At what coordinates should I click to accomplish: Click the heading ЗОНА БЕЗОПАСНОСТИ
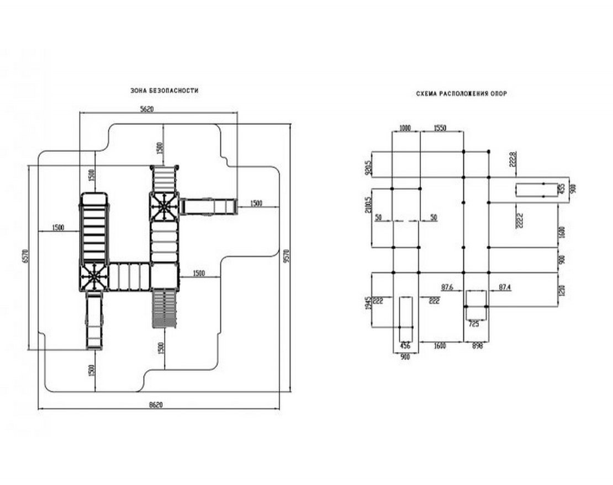[164, 90]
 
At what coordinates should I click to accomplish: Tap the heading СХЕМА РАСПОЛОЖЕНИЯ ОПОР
[462, 94]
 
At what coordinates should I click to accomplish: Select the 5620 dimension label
[147, 109]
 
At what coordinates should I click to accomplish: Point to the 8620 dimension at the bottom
[157, 405]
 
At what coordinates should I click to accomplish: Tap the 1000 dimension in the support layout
[405, 128]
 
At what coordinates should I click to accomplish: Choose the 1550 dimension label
[440, 128]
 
